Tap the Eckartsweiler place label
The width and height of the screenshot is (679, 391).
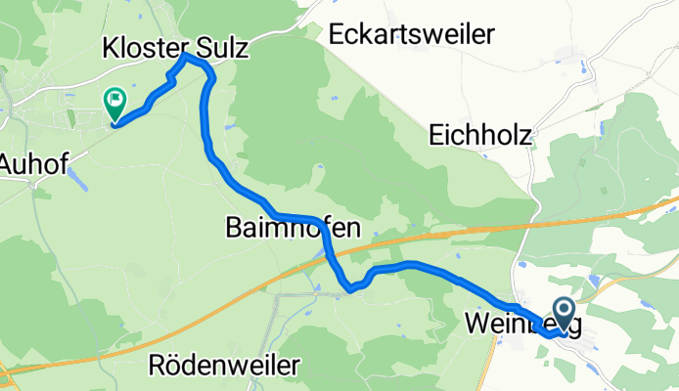pos(412,35)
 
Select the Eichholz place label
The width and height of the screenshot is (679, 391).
pos(480,135)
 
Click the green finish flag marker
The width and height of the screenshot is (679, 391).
pos(114,101)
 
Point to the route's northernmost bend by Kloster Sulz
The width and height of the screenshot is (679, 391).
pos(186,58)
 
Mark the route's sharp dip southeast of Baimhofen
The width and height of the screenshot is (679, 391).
pos(348,287)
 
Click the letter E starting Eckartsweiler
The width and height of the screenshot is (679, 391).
pos(338,35)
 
